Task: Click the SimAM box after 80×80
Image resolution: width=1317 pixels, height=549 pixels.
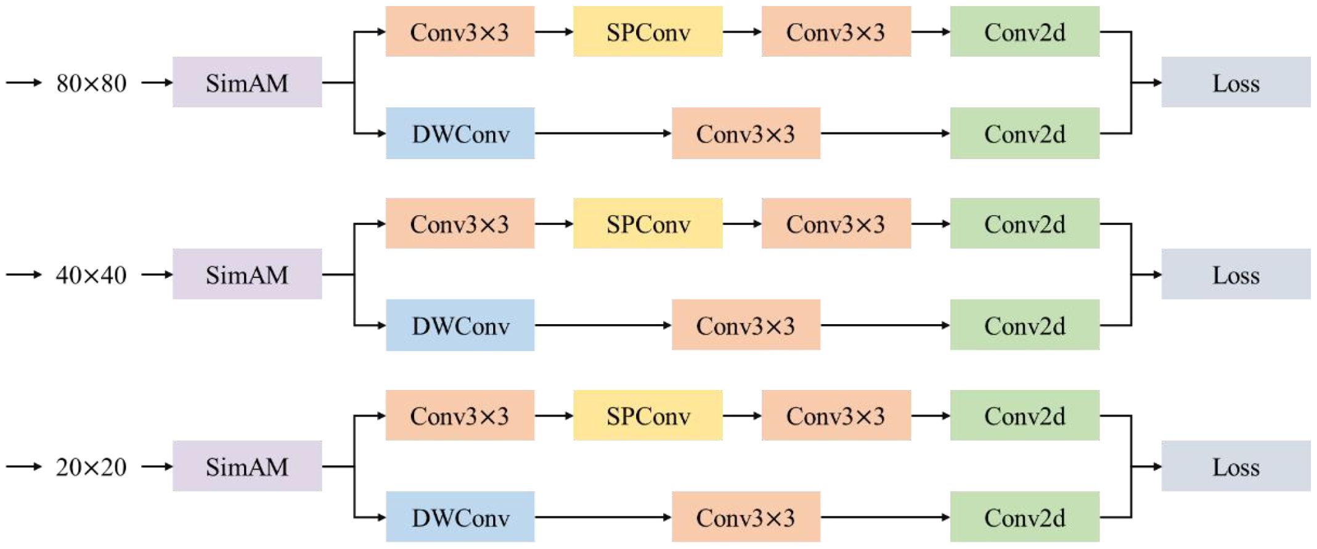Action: (x=247, y=83)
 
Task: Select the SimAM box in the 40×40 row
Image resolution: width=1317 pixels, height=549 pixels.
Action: (x=247, y=274)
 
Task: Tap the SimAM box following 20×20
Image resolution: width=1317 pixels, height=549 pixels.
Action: (x=247, y=466)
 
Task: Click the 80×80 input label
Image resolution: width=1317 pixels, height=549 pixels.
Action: (x=91, y=83)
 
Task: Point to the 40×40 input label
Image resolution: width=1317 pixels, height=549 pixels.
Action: (x=91, y=275)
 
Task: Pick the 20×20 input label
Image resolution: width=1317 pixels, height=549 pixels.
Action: (x=91, y=467)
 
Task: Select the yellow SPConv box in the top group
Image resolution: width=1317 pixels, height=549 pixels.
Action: (x=648, y=32)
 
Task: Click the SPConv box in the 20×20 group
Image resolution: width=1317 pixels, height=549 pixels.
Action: (x=648, y=416)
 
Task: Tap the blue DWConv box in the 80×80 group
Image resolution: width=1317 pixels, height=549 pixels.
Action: (x=460, y=134)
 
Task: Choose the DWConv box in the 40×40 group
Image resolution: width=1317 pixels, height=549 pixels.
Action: (x=460, y=325)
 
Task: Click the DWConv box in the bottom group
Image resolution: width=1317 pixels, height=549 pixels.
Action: (x=460, y=518)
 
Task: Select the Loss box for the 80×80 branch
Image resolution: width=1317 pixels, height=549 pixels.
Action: (x=1236, y=83)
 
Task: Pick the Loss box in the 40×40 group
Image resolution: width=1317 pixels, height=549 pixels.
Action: (x=1236, y=274)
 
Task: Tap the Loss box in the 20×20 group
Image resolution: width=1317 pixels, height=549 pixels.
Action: (x=1236, y=466)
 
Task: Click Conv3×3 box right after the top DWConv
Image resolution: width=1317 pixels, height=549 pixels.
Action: (x=746, y=134)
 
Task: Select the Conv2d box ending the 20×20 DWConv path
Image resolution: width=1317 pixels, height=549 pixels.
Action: (x=1024, y=518)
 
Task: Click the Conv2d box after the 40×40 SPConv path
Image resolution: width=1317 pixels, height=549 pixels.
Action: (x=1024, y=224)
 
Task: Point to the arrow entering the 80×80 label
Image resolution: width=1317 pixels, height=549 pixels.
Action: (x=23, y=83)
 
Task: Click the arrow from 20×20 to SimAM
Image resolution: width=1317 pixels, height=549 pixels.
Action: (x=157, y=466)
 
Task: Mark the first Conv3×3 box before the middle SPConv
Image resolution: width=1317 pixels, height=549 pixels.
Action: (x=460, y=224)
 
